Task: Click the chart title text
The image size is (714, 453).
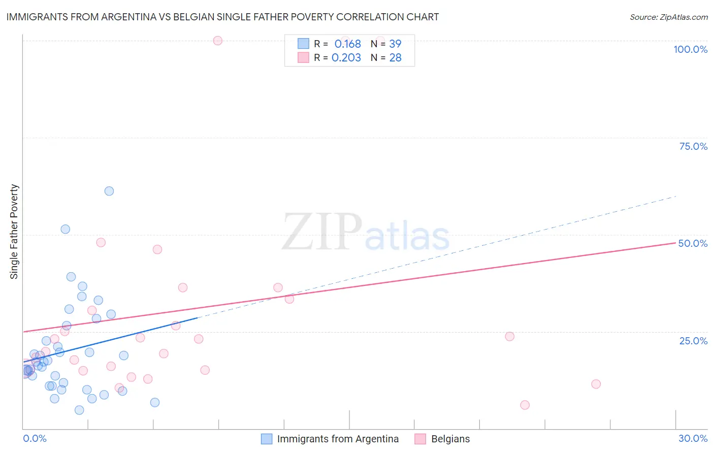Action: point(222,17)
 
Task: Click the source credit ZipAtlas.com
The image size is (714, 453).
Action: point(668,17)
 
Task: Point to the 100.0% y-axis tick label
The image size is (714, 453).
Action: point(690,49)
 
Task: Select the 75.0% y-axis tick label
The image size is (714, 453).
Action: point(693,146)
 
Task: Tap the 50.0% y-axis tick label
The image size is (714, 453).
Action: point(693,243)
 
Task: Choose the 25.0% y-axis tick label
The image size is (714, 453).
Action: point(693,341)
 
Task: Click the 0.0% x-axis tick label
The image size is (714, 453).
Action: point(35,438)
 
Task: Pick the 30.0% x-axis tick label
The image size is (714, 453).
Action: point(693,438)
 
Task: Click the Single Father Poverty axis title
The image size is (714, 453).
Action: point(14,231)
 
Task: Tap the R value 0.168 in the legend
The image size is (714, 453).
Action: point(347,44)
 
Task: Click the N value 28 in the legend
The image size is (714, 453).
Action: point(395,58)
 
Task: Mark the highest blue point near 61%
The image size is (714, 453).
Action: point(109,191)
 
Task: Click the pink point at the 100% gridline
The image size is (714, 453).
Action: point(218,41)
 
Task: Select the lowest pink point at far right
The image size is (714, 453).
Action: point(525,405)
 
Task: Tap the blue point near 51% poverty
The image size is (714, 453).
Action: point(66,229)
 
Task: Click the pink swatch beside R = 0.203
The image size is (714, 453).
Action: point(303,57)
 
